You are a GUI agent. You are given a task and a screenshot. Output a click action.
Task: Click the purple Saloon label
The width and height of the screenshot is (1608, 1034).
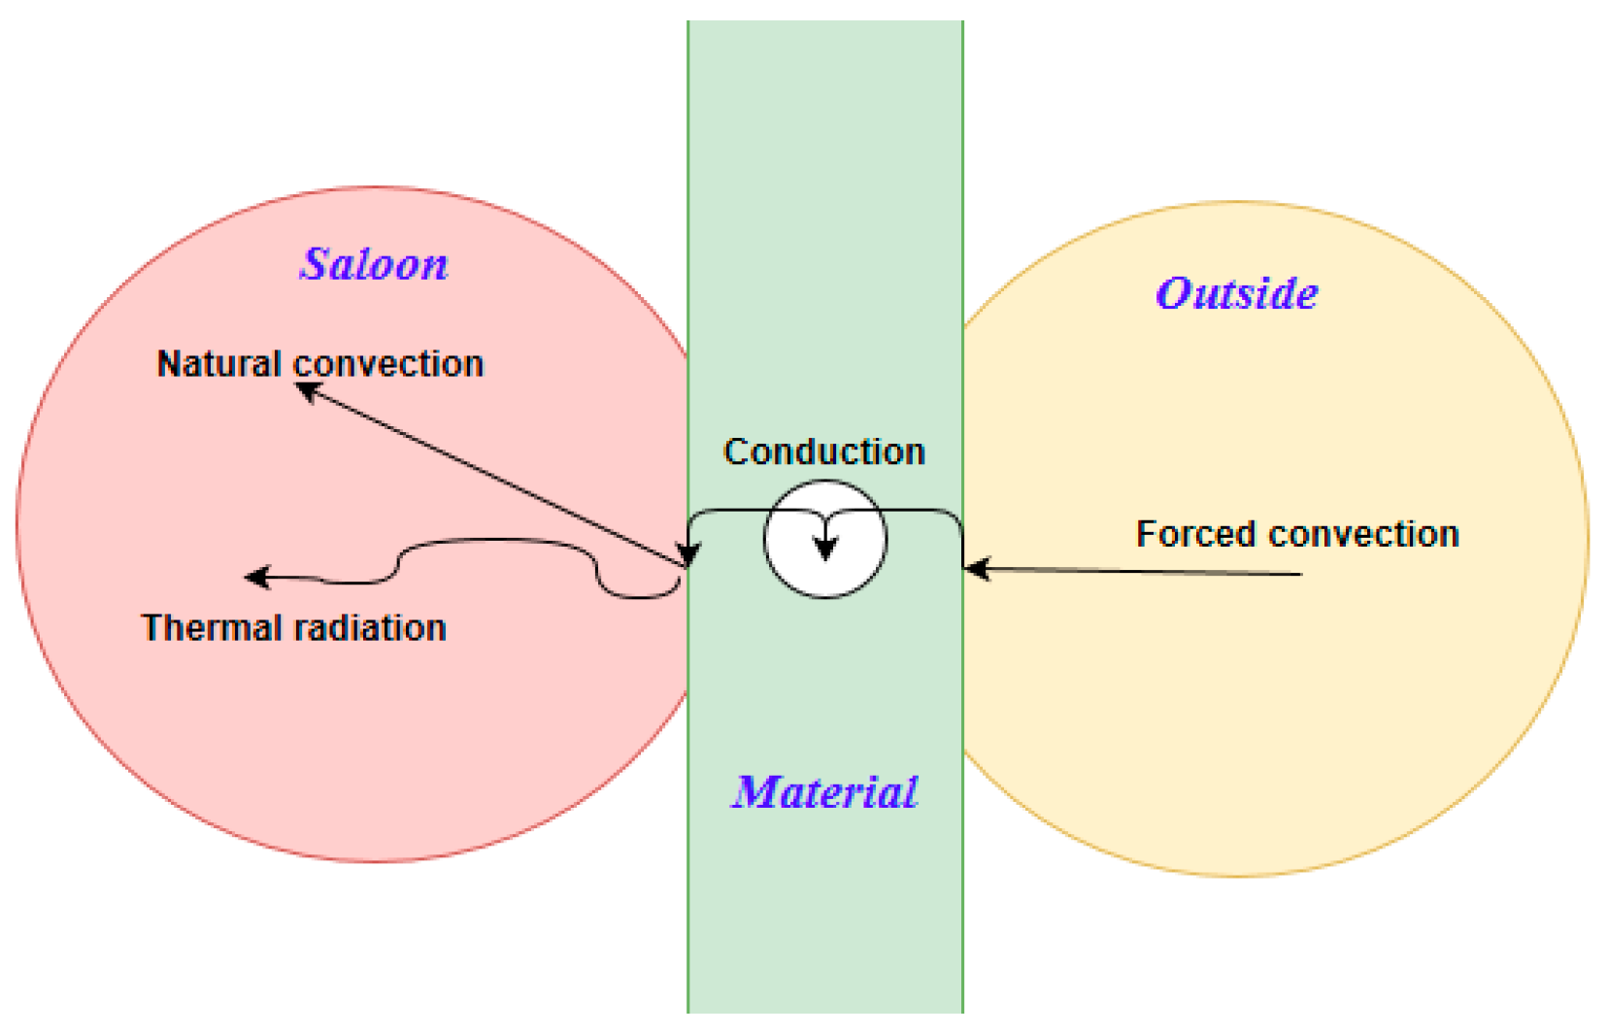tap(374, 264)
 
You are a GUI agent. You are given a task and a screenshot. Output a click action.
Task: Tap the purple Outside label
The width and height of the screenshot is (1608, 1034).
tap(1236, 293)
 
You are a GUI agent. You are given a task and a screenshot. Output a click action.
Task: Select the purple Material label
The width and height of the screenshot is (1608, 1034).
tap(824, 792)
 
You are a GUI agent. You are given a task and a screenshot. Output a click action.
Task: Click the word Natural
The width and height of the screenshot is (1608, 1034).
tap(219, 364)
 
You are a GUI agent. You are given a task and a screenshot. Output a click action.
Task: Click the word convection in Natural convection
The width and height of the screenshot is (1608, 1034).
tap(388, 364)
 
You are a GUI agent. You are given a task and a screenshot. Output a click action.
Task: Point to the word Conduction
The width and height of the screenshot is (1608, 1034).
tap(824, 451)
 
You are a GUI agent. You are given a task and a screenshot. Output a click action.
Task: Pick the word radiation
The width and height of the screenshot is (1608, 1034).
tap(372, 628)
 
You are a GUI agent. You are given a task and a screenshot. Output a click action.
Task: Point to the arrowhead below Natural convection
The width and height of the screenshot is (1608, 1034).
tap(308, 391)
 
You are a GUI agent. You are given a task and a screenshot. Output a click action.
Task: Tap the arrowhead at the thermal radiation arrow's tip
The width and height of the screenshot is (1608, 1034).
tap(256, 578)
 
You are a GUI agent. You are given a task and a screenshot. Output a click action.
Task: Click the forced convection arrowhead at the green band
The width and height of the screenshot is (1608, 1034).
tap(977, 569)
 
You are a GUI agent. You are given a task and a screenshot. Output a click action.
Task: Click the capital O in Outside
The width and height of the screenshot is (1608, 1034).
tap(1175, 293)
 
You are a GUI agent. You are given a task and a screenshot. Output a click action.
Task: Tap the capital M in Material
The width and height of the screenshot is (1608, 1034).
tap(758, 792)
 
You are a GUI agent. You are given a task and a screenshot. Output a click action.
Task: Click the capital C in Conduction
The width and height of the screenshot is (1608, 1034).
tap(737, 451)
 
